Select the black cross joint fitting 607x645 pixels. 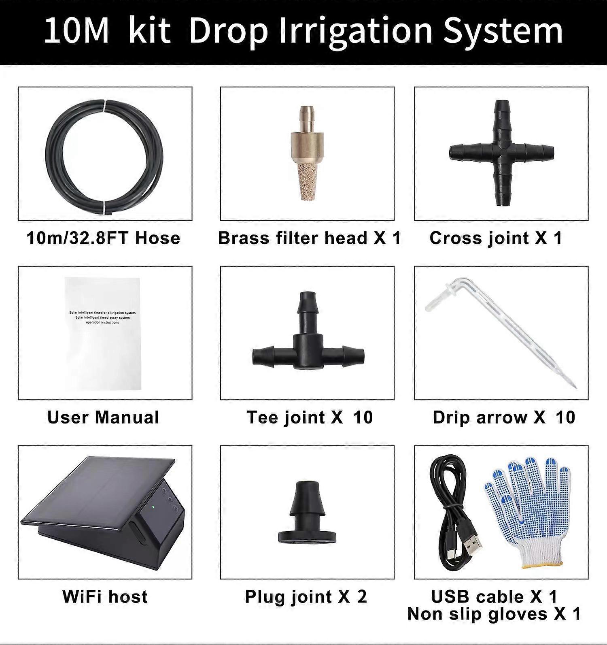[x=501, y=153]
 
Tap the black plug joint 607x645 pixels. [x=307, y=514]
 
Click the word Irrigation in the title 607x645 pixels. [x=356, y=32]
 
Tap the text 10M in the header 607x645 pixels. [x=76, y=31]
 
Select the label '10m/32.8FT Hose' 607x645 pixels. [x=103, y=238]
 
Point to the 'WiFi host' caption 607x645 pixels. [x=105, y=597]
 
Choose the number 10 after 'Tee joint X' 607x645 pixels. [x=363, y=417]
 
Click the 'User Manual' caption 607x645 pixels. [x=103, y=417]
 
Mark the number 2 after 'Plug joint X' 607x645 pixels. [x=361, y=597]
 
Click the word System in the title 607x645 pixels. [x=503, y=32]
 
